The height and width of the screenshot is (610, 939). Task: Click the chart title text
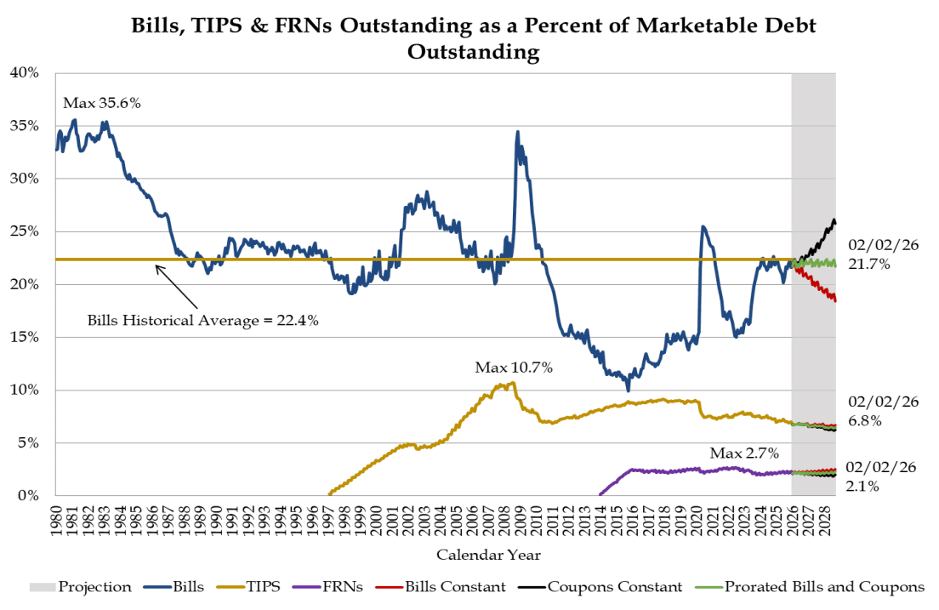(x=473, y=38)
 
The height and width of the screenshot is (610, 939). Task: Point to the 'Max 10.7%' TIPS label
(x=514, y=368)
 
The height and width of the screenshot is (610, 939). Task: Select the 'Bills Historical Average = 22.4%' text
(x=203, y=322)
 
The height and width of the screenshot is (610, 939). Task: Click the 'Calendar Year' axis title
(x=487, y=555)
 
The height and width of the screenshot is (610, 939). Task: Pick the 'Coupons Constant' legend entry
(x=614, y=586)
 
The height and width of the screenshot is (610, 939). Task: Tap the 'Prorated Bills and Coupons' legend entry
(x=824, y=586)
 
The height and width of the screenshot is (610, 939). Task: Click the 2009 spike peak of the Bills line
(x=517, y=132)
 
